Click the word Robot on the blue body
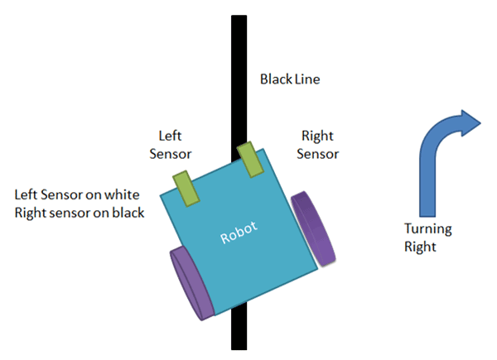coord(239,233)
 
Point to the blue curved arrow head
coord(469,122)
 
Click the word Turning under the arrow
coord(427,229)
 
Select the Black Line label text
coord(289,80)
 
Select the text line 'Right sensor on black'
coord(80,213)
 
